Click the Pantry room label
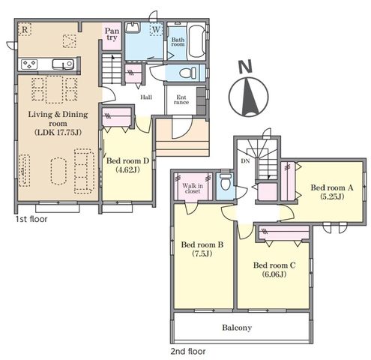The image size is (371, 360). [112, 34]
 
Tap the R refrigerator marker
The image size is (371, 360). [25, 29]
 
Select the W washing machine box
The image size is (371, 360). [156, 30]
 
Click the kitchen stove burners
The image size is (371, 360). [29, 64]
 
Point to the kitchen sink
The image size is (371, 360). [63, 64]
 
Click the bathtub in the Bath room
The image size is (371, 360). [196, 41]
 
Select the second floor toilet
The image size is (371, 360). [226, 182]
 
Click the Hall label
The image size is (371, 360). [146, 97]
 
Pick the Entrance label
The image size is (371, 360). [181, 100]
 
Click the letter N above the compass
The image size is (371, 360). [246, 67]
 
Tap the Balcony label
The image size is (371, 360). [237, 328]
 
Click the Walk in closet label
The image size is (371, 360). [193, 188]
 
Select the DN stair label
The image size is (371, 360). [245, 161]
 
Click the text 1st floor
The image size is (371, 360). [31, 219]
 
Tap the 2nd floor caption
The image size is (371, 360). [188, 351]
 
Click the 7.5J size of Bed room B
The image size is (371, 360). [202, 253]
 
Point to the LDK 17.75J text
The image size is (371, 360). [58, 132]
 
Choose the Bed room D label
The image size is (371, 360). [127, 160]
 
